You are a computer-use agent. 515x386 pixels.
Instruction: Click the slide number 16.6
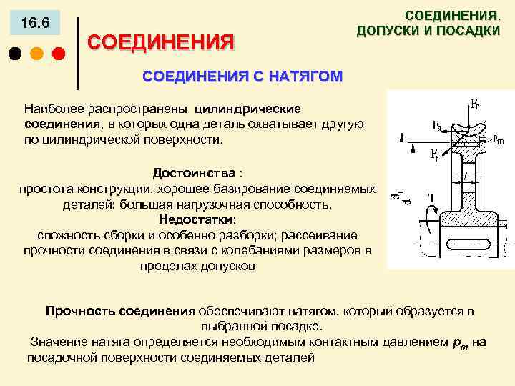[34, 24]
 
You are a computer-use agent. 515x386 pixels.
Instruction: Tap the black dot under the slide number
[14, 54]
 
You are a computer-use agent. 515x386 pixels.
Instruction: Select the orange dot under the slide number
[36, 54]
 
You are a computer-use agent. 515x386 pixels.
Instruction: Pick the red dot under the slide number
[59, 54]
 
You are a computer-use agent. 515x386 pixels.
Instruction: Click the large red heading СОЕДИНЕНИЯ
[160, 41]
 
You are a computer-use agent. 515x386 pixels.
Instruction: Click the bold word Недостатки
[197, 219]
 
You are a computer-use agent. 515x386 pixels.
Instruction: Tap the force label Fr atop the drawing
[475, 104]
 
